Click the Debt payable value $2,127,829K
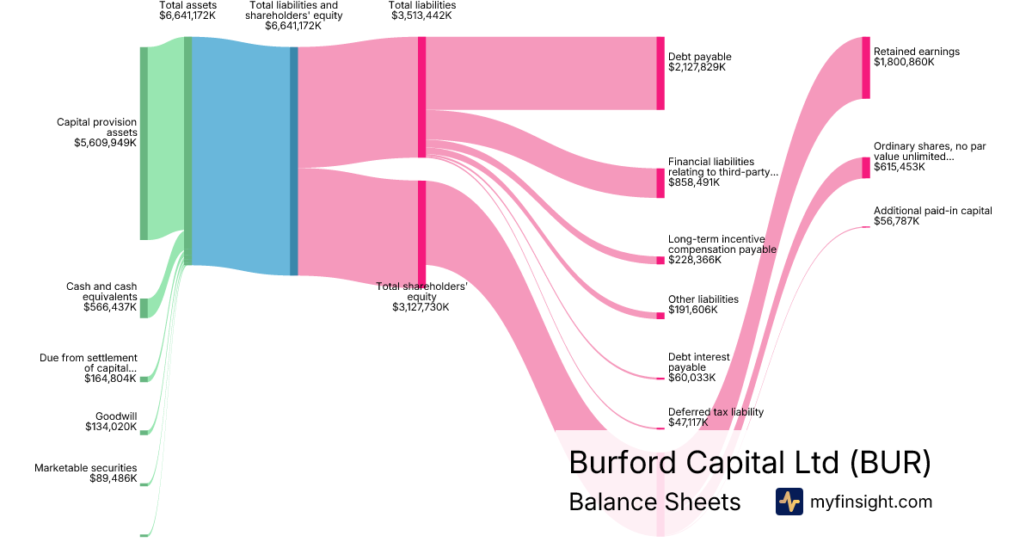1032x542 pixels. tap(697, 67)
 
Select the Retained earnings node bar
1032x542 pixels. tap(866, 67)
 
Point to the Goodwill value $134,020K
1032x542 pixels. tap(111, 427)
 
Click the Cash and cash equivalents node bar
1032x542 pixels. tap(144, 308)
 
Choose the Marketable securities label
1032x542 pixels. tap(86, 468)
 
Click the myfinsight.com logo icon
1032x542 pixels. tap(789, 502)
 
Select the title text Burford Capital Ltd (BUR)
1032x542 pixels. tap(749, 463)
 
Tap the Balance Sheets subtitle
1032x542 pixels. tap(654, 502)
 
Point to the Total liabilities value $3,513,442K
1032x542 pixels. tap(421, 15)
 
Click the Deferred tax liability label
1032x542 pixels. tap(716, 412)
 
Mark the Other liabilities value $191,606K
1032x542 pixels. tap(692, 310)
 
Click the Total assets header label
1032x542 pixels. tap(187, 5)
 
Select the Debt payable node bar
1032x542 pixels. tap(660, 73)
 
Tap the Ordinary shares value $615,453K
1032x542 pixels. tap(900, 167)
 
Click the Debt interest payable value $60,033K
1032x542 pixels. tap(692, 378)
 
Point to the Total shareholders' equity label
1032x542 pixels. tap(421, 292)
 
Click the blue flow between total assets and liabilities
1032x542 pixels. tap(241, 155)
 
